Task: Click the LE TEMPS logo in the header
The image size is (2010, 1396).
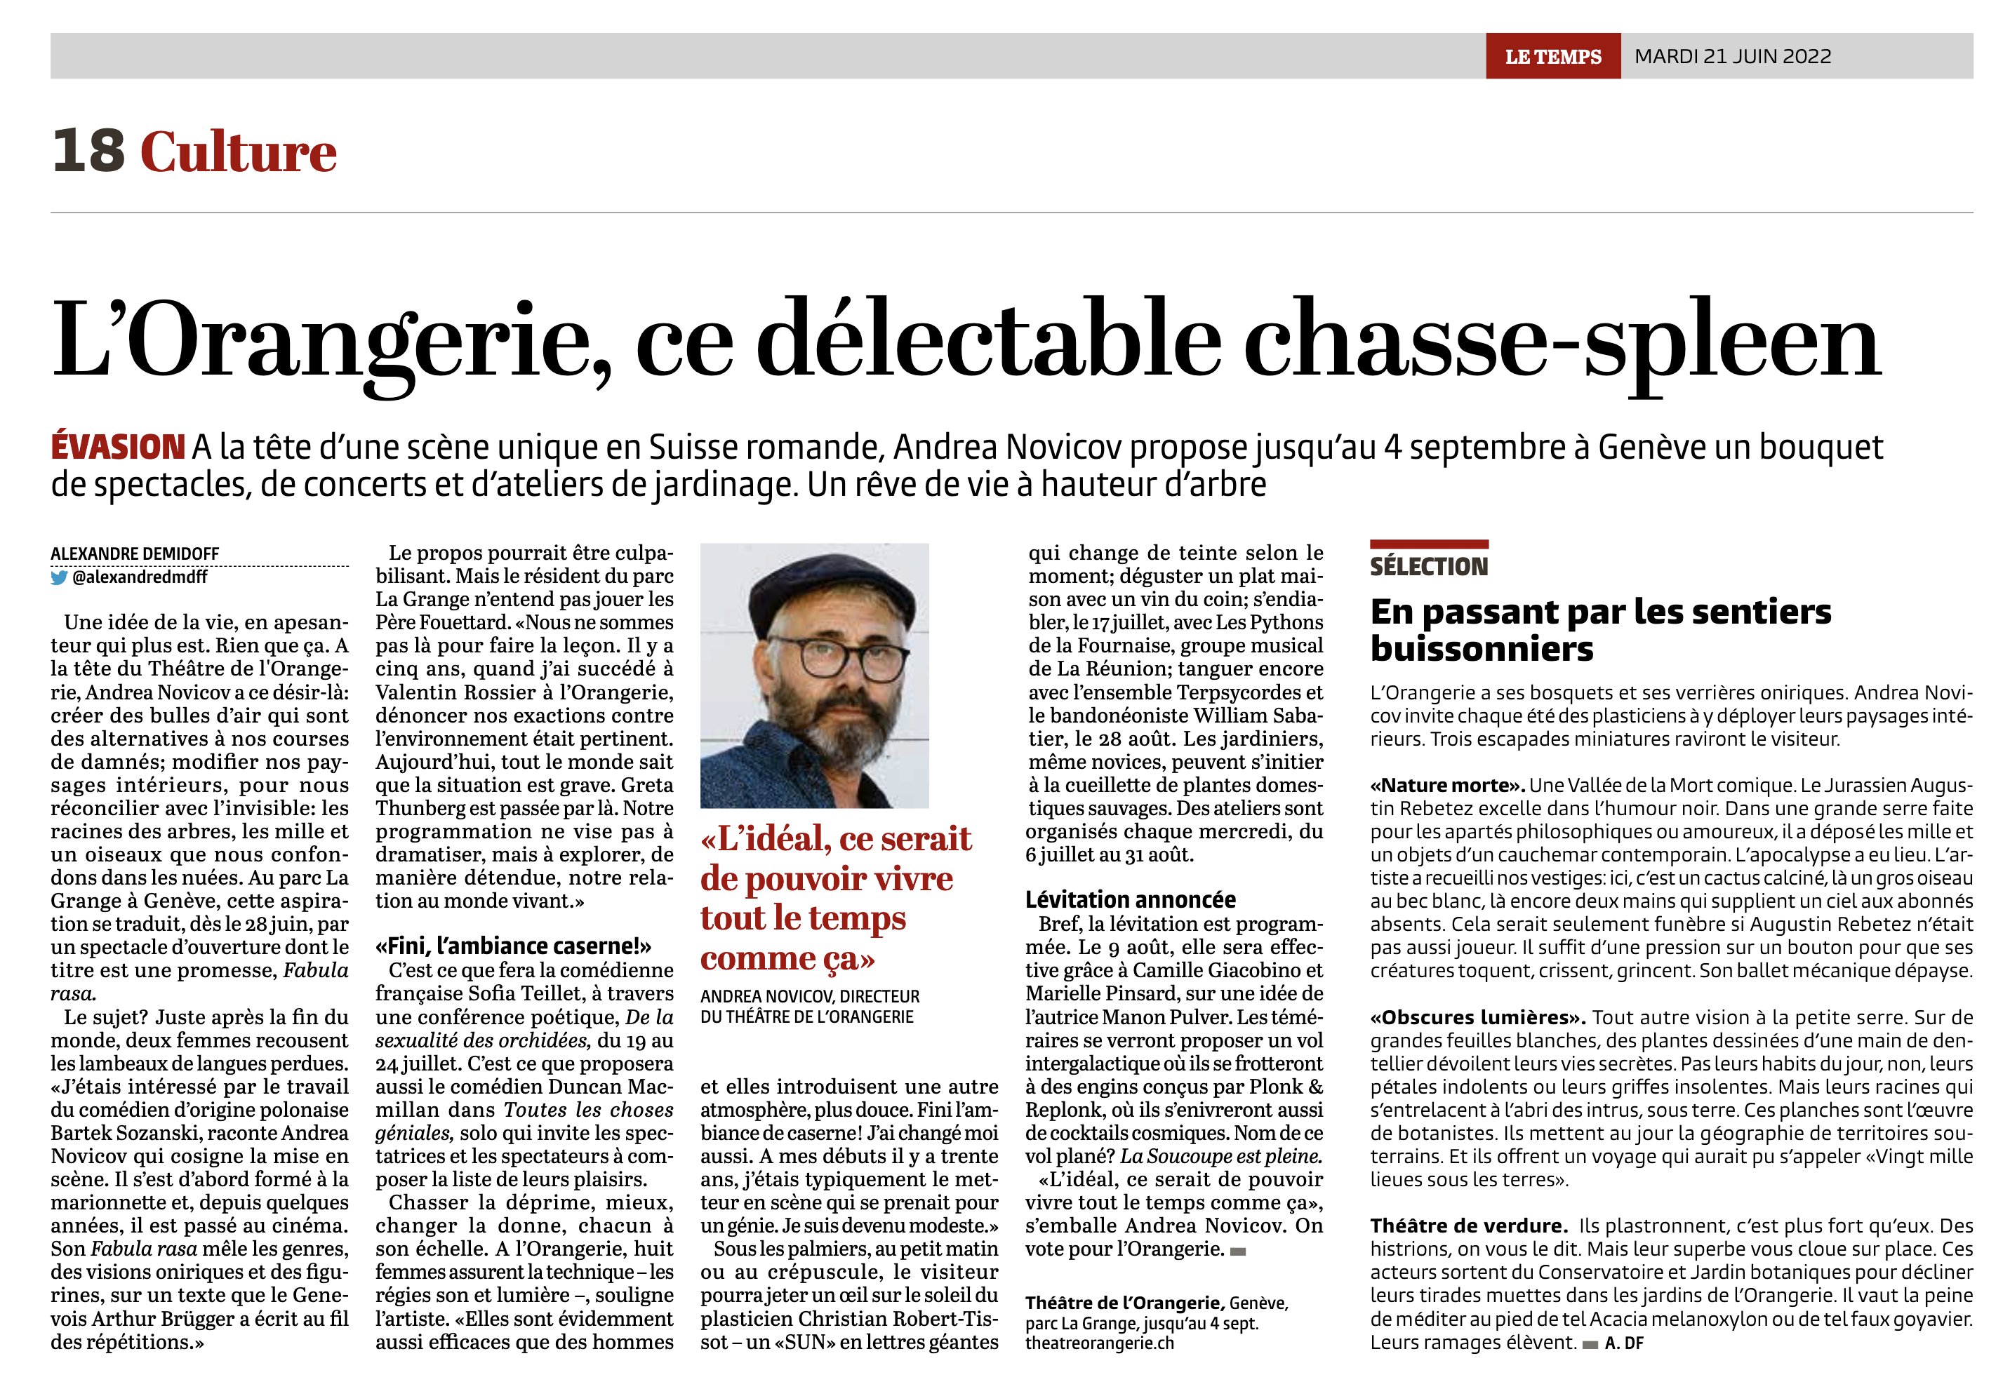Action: pos(1552,57)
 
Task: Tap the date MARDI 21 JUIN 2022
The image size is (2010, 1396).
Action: pos(1732,57)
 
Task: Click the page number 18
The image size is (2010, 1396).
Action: pos(88,152)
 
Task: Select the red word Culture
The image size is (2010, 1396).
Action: pos(238,153)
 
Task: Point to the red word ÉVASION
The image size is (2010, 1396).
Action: pos(117,447)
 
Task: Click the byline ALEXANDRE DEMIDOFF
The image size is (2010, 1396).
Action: pos(135,553)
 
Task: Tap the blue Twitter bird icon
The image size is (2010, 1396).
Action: pos(59,577)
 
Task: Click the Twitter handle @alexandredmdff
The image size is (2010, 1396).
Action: pos(140,577)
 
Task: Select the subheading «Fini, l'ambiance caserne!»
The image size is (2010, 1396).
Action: pos(513,946)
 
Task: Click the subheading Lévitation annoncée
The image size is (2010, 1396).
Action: pos(1130,900)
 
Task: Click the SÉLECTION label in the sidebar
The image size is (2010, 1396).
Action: pos(1428,567)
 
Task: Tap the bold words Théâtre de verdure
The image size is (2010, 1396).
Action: pos(1468,1226)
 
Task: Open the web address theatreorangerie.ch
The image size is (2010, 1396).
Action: pos(1099,1343)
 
